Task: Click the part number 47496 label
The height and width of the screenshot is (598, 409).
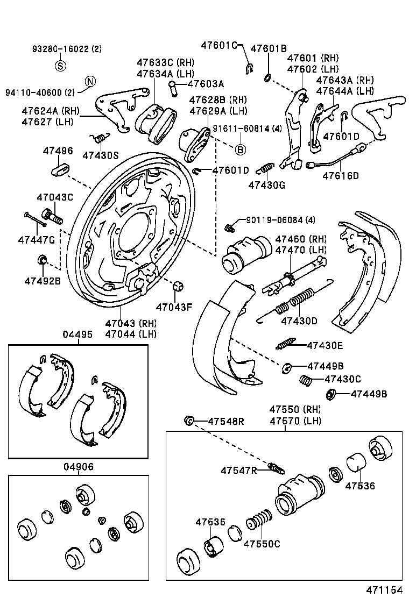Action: [58, 151]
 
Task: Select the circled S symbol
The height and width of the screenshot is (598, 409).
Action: [61, 66]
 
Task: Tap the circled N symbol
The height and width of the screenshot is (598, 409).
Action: [90, 82]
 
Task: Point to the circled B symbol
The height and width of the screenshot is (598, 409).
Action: [241, 149]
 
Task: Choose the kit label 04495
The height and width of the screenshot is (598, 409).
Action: [77, 334]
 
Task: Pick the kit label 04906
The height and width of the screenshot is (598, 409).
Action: [77, 467]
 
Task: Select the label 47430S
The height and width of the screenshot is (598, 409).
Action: [100, 155]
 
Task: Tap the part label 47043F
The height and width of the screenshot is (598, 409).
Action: [174, 308]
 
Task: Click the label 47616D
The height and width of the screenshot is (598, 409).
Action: [340, 175]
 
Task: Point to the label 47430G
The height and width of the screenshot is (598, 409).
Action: [266, 185]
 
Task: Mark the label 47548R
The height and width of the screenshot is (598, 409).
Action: [226, 421]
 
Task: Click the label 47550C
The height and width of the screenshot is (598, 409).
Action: [262, 544]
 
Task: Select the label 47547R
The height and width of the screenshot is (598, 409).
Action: [239, 471]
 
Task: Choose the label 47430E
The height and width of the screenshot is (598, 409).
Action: [325, 345]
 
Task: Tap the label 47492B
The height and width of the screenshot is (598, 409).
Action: [43, 280]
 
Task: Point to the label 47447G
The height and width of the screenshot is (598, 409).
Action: [37, 239]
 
